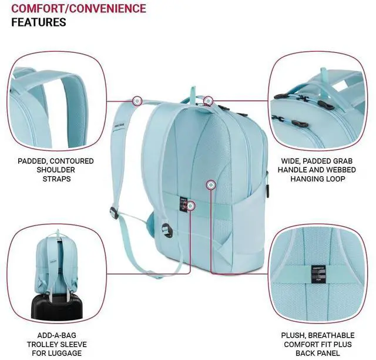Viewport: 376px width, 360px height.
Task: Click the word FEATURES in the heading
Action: coord(39,22)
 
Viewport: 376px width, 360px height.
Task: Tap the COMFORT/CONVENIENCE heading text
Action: coord(79,9)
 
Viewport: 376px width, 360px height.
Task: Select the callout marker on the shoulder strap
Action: coord(137,101)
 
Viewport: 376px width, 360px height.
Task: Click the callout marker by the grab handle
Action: coord(208,100)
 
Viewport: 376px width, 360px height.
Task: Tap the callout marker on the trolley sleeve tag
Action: coord(191,205)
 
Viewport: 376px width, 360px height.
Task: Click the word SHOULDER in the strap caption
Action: coord(56,169)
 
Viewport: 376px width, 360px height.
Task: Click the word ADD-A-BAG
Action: coord(55,335)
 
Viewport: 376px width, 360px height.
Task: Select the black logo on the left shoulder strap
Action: coord(119,123)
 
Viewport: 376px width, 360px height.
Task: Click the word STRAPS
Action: coord(56,178)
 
